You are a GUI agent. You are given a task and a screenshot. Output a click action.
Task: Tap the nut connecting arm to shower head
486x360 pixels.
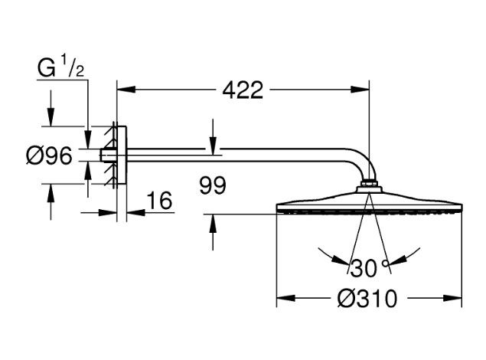click(x=368, y=185)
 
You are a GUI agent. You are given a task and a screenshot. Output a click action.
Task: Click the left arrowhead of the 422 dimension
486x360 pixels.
click(x=122, y=90)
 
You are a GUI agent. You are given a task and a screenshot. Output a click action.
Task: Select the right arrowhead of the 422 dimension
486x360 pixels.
click(x=364, y=90)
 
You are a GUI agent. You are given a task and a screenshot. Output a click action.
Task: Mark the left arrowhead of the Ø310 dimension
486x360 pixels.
click(x=282, y=297)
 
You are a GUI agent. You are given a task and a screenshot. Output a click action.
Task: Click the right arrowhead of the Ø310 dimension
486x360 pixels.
click(x=457, y=297)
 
